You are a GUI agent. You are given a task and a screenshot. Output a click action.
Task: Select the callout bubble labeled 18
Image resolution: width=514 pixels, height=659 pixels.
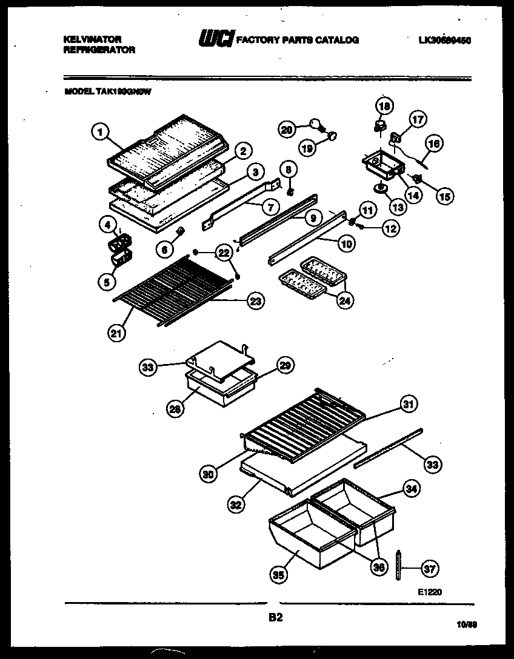pos(382,106)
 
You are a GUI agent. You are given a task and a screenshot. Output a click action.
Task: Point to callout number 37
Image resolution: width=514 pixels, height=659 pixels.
pos(430,569)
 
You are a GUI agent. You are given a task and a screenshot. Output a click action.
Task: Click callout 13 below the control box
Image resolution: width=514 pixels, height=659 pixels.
pos(398,206)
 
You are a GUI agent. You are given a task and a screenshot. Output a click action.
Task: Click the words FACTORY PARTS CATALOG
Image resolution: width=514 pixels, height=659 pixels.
pos(297,41)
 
